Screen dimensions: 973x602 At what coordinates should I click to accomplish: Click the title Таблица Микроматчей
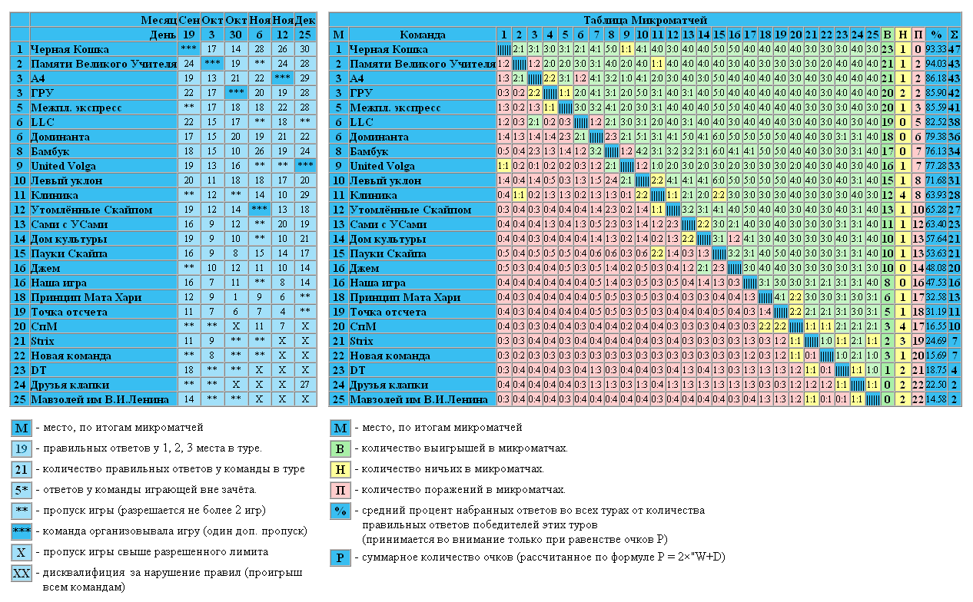(645, 20)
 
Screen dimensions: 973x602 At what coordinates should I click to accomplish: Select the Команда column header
(422, 35)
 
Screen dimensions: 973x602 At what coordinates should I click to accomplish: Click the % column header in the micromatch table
(936, 35)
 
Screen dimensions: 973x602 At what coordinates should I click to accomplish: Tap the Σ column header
(955, 35)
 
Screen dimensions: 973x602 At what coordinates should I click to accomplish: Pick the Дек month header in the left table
(305, 20)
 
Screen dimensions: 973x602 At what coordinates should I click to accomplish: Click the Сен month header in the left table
(189, 20)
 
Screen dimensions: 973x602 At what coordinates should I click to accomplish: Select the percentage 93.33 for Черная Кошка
(936, 49)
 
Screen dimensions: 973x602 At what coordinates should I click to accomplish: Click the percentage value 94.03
(936, 64)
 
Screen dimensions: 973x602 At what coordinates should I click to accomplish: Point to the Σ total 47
(955, 49)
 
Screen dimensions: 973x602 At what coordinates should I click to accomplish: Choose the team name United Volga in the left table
(64, 166)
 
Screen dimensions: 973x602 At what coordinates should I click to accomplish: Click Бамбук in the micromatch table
(369, 151)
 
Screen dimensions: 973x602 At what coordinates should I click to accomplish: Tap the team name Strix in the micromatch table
(361, 341)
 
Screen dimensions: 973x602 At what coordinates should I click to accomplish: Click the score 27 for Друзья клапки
(305, 385)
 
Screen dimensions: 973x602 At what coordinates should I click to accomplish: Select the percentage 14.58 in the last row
(936, 399)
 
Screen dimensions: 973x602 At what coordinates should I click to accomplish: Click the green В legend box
(340, 448)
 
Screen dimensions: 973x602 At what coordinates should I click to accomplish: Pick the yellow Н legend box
(340, 469)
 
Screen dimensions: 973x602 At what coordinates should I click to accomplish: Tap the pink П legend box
(340, 490)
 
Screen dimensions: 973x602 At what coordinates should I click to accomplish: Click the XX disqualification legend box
(22, 574)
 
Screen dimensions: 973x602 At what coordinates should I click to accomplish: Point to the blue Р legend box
(340, 557)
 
